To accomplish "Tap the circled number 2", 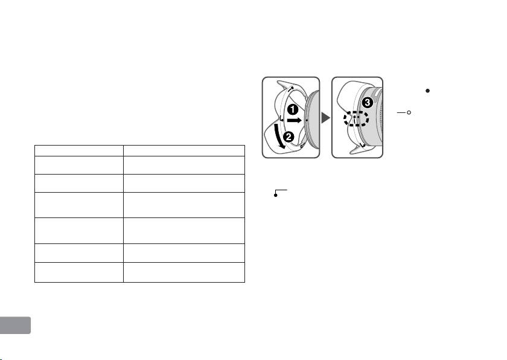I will tap(289, 137).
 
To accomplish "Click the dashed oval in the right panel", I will tap(356, 118).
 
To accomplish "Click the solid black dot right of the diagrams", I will tap(427, 91).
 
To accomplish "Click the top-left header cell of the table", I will tap(78, 150).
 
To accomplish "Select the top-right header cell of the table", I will tap(183, 150).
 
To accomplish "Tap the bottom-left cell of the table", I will tap(78, 272).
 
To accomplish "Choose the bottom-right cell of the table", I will tap(183, 272).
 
